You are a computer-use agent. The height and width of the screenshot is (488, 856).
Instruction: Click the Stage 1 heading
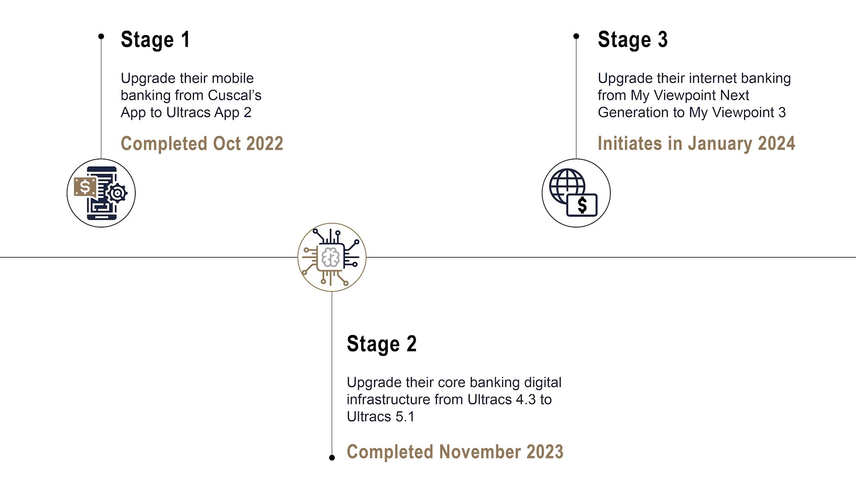(x=155, y=40)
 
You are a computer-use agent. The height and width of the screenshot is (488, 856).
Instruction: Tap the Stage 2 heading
(x=381, y=344)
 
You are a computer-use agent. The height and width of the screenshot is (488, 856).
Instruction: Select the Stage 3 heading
(x=633, y=40)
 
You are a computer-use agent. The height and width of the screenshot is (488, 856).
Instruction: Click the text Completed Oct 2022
(x=202, y=143)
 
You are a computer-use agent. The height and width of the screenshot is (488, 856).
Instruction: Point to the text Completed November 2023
(x=455, y=452)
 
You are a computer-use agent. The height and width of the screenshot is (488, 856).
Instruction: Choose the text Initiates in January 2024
(x=696, y=143)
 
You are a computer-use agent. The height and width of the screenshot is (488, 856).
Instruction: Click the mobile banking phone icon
(x=101, y=193)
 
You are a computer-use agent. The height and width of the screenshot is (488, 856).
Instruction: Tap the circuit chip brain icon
(x=332, y=257)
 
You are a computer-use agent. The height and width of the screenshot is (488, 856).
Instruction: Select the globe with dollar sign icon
(x=573, y=192)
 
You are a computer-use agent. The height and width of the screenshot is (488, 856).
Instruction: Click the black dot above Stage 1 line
(x=101, y=36)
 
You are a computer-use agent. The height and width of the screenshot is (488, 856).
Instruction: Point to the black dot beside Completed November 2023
(x=332, y=458)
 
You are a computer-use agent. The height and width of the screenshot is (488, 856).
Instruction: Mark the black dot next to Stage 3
(x=576, y=36)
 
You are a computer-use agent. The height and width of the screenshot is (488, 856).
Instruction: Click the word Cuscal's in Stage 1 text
(x=235, y=95)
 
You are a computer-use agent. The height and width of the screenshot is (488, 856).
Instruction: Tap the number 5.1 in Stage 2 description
(x=404, y=417)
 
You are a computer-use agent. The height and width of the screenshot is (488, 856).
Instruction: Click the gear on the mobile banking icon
(x=117, y=193)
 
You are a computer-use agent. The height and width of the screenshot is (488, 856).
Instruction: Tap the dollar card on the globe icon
(x=582, y=205)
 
